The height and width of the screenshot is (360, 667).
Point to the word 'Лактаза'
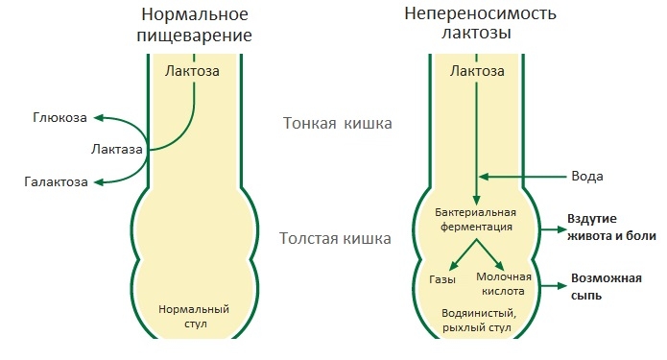click(117, 150)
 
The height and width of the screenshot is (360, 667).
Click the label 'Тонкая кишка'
click(339, 123)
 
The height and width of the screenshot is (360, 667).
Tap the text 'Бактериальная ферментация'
click(476, 219)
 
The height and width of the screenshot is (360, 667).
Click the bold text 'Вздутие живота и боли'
click(610, 229)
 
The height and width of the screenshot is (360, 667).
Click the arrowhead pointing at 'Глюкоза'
click(95, 118)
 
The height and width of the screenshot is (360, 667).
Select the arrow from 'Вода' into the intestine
click(528, 177)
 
